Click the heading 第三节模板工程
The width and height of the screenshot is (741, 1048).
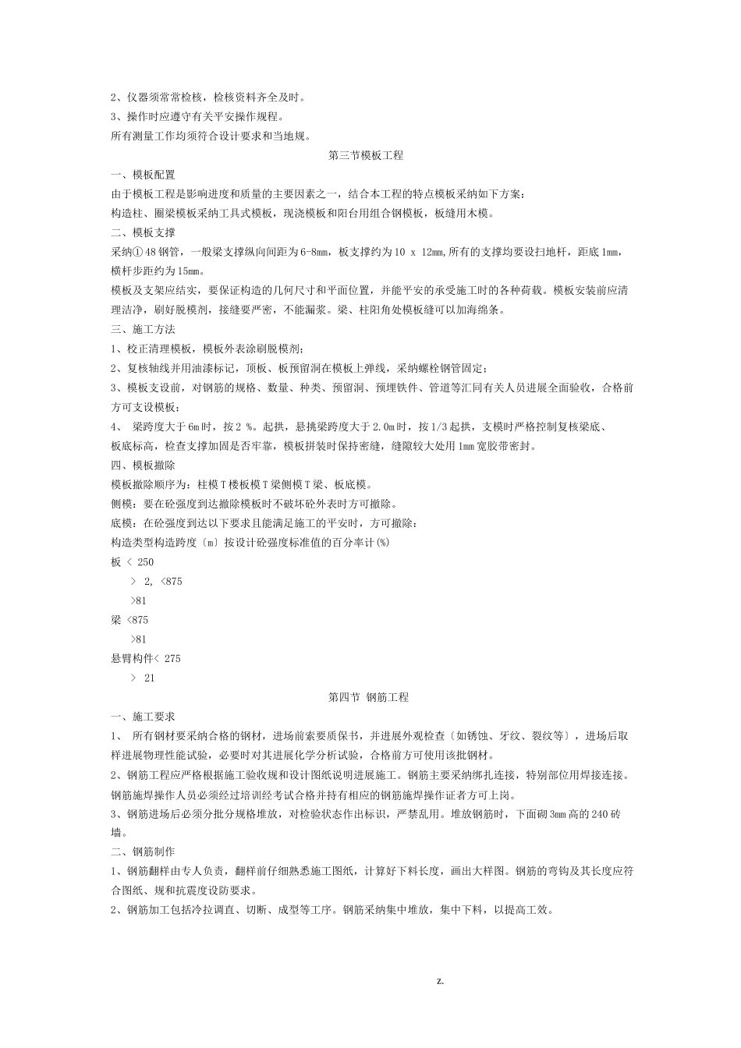(366, 155)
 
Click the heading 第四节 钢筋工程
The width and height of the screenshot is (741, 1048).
(369, 697)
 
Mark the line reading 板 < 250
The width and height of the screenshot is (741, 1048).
(133, 562)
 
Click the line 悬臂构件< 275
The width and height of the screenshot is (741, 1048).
(146, 659)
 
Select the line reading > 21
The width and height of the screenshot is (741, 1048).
(143, 678)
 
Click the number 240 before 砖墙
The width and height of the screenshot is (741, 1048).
(597, 813)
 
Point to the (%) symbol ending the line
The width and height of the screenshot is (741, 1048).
(382, 543)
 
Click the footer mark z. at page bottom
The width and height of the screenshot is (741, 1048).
(440, 981)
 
